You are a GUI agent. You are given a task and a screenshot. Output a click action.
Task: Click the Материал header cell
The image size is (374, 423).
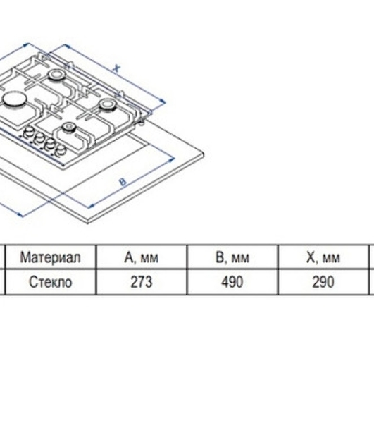click(x=51, y=257)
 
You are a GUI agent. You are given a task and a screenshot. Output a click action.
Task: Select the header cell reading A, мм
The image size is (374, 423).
click(x=142, y=257)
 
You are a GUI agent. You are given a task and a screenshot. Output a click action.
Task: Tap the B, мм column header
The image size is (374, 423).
click(x=232, y=257)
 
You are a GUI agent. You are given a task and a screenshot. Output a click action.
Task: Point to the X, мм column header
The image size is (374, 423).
click(x=323, y=257)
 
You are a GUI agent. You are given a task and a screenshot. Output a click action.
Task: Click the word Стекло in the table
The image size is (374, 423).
click(x=51, y=282)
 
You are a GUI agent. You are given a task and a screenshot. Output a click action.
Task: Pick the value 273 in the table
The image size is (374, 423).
click(x=142, y=282)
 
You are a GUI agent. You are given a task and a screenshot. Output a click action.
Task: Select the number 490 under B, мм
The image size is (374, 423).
click(x=232, y=282)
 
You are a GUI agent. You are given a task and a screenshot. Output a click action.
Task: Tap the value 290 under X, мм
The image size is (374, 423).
click(x=323, y=282)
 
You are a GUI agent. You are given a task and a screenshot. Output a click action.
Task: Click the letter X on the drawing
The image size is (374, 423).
click(x=116, y=68)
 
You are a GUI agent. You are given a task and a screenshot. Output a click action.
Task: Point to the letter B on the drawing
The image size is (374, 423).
click(x=123, y=182)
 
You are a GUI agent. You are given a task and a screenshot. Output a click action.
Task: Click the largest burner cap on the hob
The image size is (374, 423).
click(x=15, y=99)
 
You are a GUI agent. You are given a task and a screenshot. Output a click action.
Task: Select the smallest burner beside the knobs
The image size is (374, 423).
click(x=68, y=126)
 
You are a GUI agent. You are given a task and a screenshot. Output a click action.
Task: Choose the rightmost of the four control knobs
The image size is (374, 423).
click(x=60, y=149)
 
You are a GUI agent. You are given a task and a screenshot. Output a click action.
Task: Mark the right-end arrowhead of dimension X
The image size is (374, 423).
click(x=163, y=102)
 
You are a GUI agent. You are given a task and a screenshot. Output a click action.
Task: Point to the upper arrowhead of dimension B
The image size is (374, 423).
click(x=172, y=160)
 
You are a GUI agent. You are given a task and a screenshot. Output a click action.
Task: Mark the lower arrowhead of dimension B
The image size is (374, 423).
click(x=92, y=207)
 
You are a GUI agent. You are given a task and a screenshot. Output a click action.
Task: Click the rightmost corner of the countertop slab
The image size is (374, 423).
click(x=204, y=154)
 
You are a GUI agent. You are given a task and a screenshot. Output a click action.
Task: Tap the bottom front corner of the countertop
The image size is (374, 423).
click(x=88, y=222)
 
